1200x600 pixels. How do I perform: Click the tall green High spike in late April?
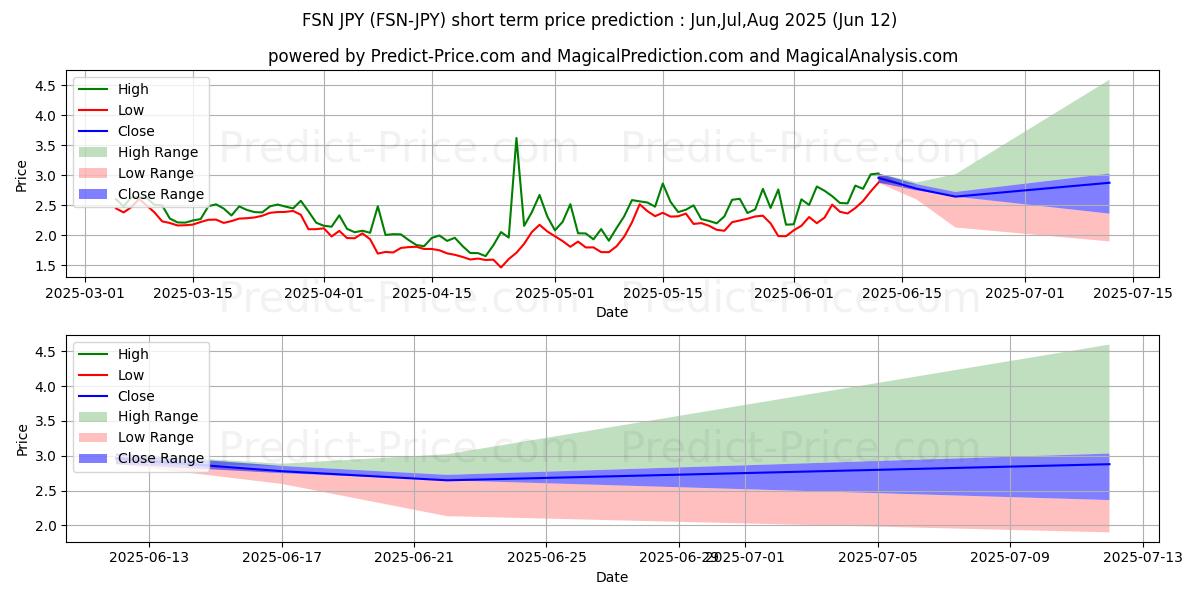click(516, 139)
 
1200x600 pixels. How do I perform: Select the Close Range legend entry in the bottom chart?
click(160, 458)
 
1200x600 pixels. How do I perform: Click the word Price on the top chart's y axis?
click(22, 175)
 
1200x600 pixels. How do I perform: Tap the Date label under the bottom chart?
click(612, 577)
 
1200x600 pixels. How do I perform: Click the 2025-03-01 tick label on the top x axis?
click(85, 294)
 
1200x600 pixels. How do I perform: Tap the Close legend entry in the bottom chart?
click(136, 395)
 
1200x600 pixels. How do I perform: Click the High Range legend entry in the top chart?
click(158, 152)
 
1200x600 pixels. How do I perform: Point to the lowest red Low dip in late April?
click(501, 267)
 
